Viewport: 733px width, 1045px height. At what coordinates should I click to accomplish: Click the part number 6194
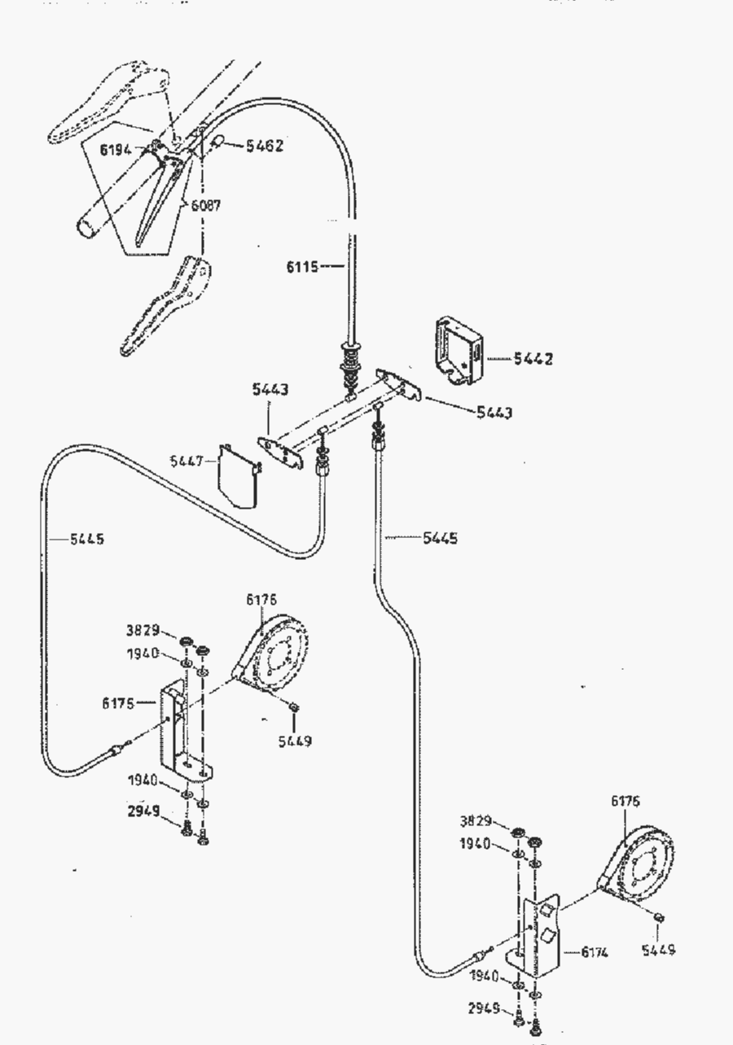pos(116,150)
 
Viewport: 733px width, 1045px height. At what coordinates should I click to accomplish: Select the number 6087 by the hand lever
pos(206,206)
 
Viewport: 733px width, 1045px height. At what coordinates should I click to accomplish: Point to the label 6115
pos(302,265)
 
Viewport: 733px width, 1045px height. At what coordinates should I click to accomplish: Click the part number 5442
pos(533,359)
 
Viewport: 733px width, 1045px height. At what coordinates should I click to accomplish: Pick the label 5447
pos(187,461)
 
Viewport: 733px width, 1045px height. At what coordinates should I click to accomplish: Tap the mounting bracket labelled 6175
pos(182,728)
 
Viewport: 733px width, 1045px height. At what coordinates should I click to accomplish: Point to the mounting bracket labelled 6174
pos(540,936)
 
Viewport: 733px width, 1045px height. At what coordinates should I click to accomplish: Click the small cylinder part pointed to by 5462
pos(218,143)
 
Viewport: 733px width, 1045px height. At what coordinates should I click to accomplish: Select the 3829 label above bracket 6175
pos(143,630)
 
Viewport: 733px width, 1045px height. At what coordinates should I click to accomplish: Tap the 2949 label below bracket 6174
pos(484,1009)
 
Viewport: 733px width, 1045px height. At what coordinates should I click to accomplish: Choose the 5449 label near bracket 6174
pos(657,950)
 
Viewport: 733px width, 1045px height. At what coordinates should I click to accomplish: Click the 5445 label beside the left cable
pos(86,539)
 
